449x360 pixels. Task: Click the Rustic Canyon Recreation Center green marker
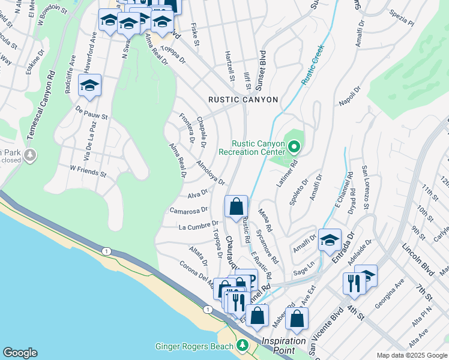pos(294,146)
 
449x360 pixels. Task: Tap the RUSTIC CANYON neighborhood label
pos(243,100)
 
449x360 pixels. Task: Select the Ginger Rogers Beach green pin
pos(242,346)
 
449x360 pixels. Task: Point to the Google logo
pos(20,353)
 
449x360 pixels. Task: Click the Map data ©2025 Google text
pos(412,355)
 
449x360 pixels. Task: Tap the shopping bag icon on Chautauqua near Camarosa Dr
pos(237,207)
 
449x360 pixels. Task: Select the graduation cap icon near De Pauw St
pos(89,86)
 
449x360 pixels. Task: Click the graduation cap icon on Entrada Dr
pos(329,241)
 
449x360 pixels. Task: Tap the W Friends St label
pos(88,172)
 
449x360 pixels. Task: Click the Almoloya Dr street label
pos(210,172)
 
